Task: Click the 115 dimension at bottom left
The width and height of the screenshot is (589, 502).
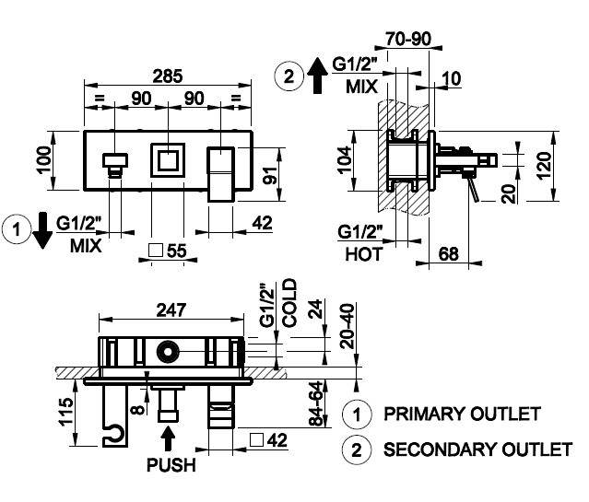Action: [64, 408]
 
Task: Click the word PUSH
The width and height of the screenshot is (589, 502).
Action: [171, 465]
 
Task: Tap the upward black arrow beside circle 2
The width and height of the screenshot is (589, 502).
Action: [315, 74]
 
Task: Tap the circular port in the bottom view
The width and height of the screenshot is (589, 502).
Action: [168, 350]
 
